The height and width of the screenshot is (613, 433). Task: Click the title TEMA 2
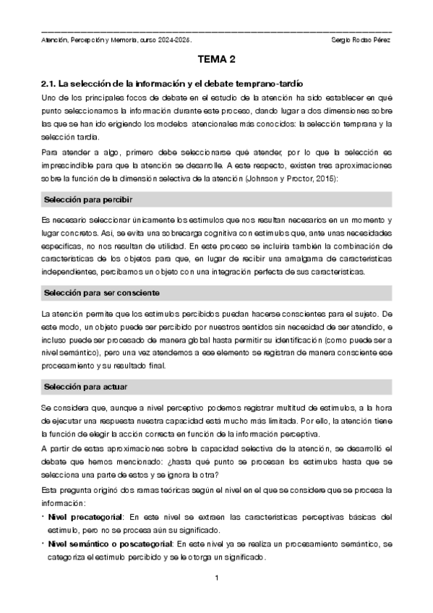point(216,61)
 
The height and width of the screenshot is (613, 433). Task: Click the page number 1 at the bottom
point(216,578)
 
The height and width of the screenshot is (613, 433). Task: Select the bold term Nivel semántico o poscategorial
point(124,543)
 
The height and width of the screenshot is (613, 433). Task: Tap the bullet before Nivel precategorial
point(42,517)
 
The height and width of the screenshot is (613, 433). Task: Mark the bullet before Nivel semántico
point(42,543)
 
